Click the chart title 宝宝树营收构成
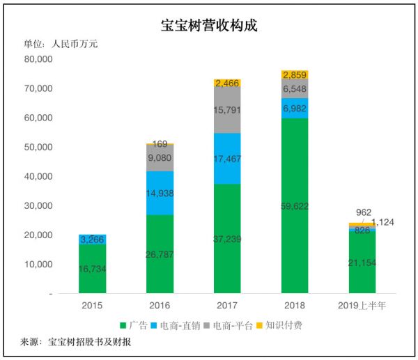point(208,26)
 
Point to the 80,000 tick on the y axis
point(38,59)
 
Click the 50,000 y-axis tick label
point(38,148)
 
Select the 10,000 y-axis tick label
point(38,265)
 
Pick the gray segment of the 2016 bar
point(160,157)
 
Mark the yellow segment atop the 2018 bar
point(295,75)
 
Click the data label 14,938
point(160,194)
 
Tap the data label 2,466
point(227,83)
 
